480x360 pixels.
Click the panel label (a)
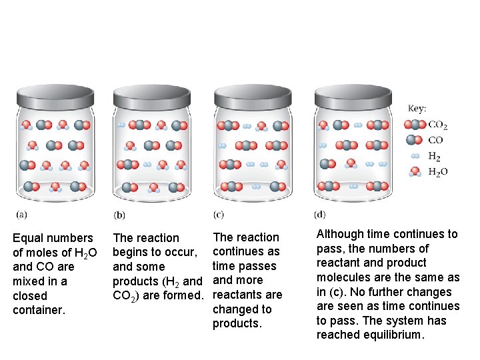pyautogui.click(x=21, y=215)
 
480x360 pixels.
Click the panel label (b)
pyautogui.click(x=119, y=215)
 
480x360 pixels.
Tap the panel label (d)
pyautogui.click(x=319, y=215)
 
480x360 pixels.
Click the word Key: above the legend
pyautogui.click(x=417, y=108)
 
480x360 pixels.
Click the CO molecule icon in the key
pyautogui.click(x=414, y=140)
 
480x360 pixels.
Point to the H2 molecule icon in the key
pyautogui.click(x=415, y=156)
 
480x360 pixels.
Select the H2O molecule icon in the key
pyautogui.click(x=415, y=171)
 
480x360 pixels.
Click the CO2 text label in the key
pyautogui.click(x=437, y=125)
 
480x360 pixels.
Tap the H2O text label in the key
pyautogui.click(x=437, y=172)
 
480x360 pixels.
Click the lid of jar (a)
pyautogui.click(x=55, y=98)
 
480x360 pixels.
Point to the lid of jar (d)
pyautogui.click(x=354, y=98)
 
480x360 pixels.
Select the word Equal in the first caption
pyautogui.click(x=29, y=238)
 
